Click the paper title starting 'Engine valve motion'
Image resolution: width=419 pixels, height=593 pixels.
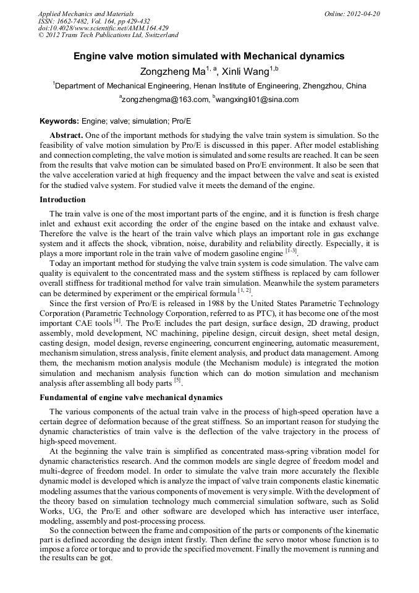pyautogui.click(x=209, y=56)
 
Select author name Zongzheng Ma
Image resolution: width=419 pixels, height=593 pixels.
pyautogui.click(x=167, y=71)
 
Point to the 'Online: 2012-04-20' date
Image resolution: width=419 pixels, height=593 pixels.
pyautogui.click(x=352, y=14)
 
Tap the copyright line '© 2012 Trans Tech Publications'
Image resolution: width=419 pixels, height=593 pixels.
pyautogui.click(x=108, y=35)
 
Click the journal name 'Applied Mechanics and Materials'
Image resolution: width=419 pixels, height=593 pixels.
pyautogui.click(x=85, y=14)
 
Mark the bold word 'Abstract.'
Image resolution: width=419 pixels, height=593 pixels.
pyautogui.click(x=66, y=135)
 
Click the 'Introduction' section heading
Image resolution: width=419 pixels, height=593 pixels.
pyautogui.click(x=62, y=200)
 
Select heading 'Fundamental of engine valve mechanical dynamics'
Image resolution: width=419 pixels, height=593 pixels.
pyautogui.click(x=131, y=397)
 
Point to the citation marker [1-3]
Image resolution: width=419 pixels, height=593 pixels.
pyautogui.click(x=291, y=251)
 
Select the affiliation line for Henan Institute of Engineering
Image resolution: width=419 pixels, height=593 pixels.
pyautogui.click(x=209, y=85)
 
